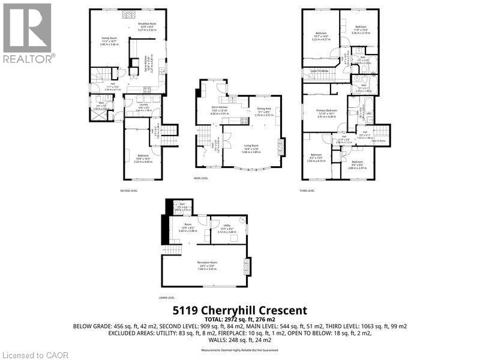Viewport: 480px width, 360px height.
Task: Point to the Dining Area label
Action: coord(265,109)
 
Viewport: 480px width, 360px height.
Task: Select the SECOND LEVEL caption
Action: coord(129,190)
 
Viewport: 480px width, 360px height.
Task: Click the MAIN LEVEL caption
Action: coord(200,178)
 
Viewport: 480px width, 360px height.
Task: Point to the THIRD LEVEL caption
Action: coord(307,190)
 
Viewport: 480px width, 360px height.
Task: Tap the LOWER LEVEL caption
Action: coord(167,298)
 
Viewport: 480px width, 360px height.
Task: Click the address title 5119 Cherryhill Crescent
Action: coord(239,310)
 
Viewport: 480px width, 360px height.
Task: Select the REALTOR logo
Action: coord(28,33)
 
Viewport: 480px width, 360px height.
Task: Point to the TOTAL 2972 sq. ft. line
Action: coord(239,319)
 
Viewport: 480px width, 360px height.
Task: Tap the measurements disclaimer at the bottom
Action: coord(239,350)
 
